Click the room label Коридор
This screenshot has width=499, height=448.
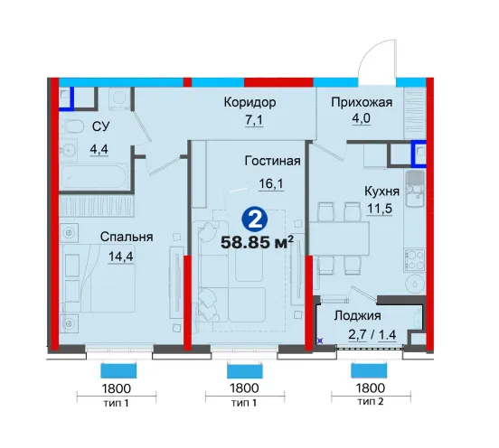(x=249, y=103)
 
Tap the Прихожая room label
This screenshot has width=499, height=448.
(x=362, y=102)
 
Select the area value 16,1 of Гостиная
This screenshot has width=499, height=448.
(x=271, y=183)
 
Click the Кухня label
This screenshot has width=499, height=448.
(x=381, y=191)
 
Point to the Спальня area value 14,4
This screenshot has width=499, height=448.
(x=120, y=257)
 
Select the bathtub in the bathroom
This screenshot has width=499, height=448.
(x=95, y=177)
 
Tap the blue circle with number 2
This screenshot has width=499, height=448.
(x=255, y=220)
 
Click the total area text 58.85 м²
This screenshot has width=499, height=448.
(x=257, y=243)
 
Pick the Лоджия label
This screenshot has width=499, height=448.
(x=357, y=315)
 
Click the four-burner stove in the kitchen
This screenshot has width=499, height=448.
(x=415, y=260)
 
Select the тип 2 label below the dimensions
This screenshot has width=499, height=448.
(x=371, y=402)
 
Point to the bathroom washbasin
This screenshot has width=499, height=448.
(x=68, y=149)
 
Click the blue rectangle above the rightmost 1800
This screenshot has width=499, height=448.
(x=369, y=370)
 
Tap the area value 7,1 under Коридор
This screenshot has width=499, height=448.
(x=254, y=121)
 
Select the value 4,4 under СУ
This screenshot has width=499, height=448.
(x=99, y=149)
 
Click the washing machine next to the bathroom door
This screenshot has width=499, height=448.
(x=119, y=98)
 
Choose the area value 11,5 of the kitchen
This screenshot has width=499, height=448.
(x=380, y=209)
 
